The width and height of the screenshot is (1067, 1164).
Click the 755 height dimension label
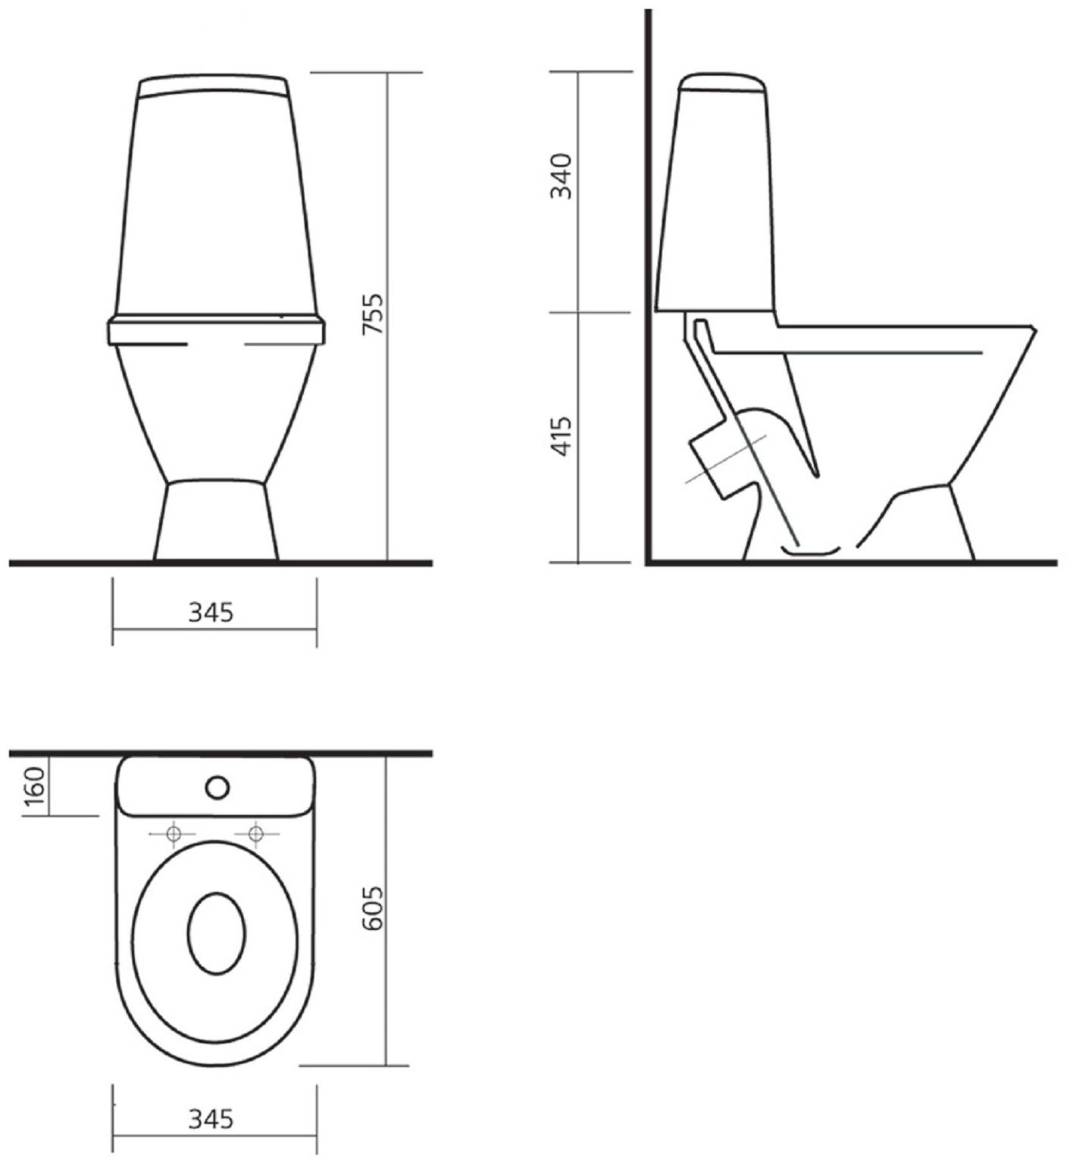[373, 314]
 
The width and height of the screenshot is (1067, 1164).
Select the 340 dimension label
[562, 176]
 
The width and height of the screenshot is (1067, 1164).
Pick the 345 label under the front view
[211, 611]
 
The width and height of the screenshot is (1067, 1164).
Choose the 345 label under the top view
[211, 1118]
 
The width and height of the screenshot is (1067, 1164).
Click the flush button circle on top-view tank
[217, 788]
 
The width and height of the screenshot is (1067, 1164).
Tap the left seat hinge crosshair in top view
[174, 834]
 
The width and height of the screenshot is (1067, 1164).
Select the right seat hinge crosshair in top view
[255, 834]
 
